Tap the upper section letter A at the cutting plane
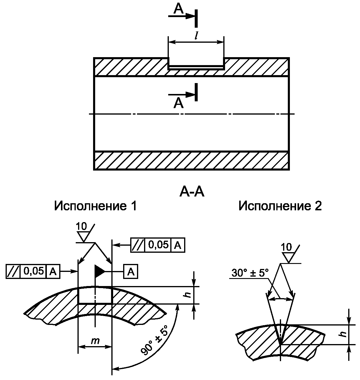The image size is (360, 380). (x=178, y=9)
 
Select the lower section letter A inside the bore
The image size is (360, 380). (x=178, y=103)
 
